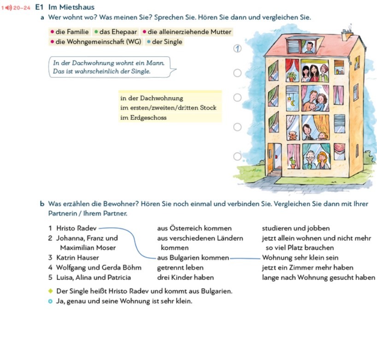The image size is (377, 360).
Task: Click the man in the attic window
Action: point(310,46)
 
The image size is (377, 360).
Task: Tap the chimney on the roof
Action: point(347,34)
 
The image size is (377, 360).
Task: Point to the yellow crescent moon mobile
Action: point(289,98)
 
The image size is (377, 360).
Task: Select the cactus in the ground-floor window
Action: point(292,162)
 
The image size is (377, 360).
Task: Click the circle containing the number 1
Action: point(237,48)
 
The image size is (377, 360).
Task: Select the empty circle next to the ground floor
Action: point(237,156)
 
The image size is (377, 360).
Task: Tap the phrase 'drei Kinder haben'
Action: point(185,277)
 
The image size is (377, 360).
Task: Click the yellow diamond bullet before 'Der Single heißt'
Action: point(51,291)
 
